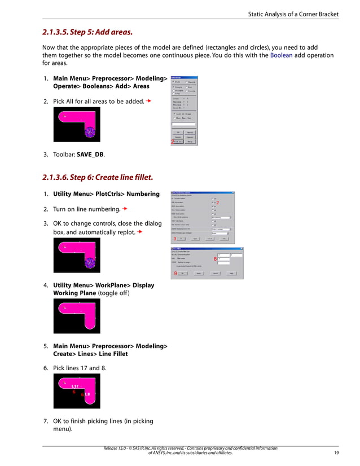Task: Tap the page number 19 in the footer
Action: point(336,452)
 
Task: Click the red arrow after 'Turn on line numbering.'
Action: point(125,209)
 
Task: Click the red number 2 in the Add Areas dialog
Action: point(172,142)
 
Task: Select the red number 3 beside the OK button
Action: point(174,239)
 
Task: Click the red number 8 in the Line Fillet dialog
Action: point(215,259)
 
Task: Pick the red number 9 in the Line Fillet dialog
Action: point(175,273)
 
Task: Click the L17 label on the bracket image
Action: point(74,386)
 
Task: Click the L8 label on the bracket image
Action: point(87,394)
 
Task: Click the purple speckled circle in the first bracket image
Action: point(90,132)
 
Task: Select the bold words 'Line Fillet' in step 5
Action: point(112,354)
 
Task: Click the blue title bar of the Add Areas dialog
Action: point(184,77)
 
